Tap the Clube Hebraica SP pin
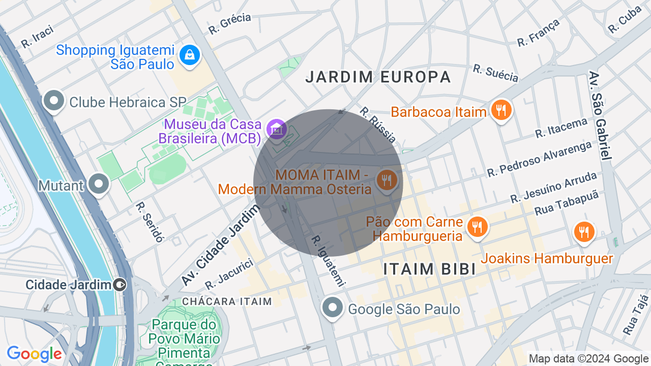coord(54,101)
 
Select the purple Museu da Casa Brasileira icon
coord(276,129)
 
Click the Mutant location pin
coord(98,185)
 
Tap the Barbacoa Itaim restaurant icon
coord(501,110)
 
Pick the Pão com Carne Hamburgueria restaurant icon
coord(477,227)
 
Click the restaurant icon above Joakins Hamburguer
coord(584,232)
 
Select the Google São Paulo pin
coord(333,307)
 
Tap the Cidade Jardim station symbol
coord(120,285)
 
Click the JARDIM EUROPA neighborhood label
coord(378,77)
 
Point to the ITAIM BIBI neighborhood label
coord(429,269)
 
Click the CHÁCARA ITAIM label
coord(227,301)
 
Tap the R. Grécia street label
coord(230,23)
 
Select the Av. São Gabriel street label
coord(600,115)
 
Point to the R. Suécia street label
coord(495,73)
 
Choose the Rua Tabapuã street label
coord(567,203)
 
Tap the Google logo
coord(34,354)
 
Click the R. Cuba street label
coord(625,20)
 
